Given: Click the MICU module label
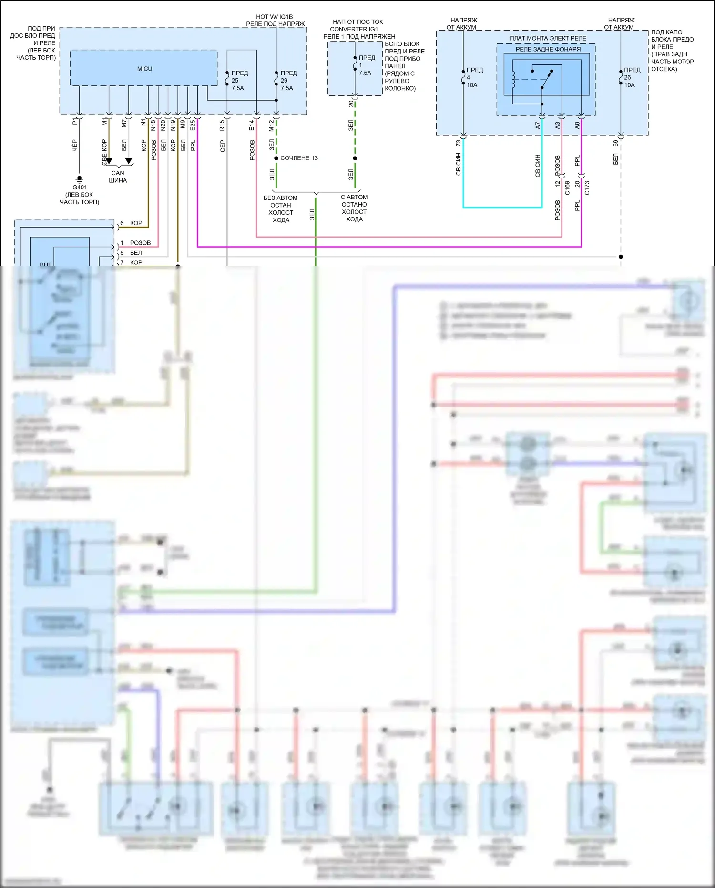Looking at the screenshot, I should coord(144,69).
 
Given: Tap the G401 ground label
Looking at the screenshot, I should coord(80,188).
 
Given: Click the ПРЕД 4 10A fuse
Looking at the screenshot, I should coord(463,77).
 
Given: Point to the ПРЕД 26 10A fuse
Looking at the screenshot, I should coord(621,77).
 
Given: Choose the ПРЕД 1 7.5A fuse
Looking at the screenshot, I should coord(355,65).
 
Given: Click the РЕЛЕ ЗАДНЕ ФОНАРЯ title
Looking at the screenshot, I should coord(548,49).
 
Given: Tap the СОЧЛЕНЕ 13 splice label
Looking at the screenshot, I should coord(299,158).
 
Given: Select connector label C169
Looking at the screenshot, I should coord(567,188).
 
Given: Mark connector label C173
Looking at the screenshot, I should coord(587,188).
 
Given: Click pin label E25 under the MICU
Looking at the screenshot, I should coord(193,125).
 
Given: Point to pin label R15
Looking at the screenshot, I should coord(222,125).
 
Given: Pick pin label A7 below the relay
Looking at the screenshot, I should coord(538,125).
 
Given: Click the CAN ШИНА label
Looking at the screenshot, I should coord(118,177).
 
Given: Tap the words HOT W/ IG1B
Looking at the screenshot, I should coord(275,17).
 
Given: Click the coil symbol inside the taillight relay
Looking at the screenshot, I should coord(514,80).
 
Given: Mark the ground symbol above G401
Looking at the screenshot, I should coord(80,179).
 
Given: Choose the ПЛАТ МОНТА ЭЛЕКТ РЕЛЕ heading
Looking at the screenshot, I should coord(548,38).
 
